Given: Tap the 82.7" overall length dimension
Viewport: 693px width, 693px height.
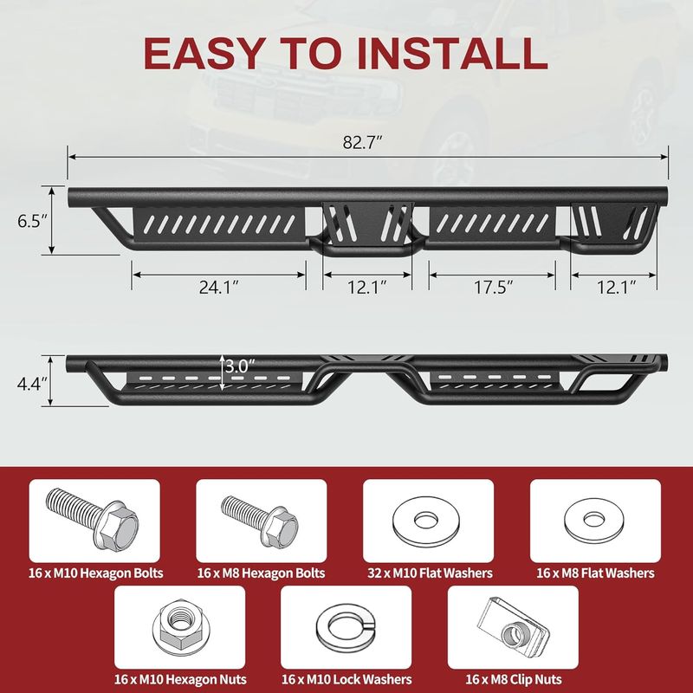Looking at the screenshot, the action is tap(362, 142).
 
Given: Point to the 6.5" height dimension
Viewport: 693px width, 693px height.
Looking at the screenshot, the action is tap(32, 221).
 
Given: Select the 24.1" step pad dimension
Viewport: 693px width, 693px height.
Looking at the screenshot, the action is tap(218, 288).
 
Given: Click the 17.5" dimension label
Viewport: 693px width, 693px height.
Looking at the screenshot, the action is tap(494, 288).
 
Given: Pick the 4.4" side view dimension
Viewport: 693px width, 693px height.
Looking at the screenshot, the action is tap(32, 384).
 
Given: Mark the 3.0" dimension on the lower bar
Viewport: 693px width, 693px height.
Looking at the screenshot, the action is tap(240, 366).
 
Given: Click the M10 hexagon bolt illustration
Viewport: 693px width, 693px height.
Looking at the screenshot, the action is tap(92, 518).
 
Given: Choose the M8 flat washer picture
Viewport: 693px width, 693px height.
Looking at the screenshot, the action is tap(594, 521).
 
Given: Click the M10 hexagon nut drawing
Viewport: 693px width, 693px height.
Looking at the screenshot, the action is tap(181, 627).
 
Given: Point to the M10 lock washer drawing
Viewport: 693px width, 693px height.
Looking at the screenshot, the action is tap(346, 627).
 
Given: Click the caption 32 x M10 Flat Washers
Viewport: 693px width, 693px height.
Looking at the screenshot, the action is tap(430, 573).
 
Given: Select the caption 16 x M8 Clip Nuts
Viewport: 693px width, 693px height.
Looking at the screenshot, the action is tap(514, 679).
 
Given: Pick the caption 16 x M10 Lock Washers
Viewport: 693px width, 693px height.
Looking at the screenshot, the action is tap(346, 679).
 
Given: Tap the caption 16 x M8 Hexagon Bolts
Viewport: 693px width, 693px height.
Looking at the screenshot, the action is tap(261, 573).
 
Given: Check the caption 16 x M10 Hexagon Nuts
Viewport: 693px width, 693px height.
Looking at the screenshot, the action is tap(180, 679).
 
